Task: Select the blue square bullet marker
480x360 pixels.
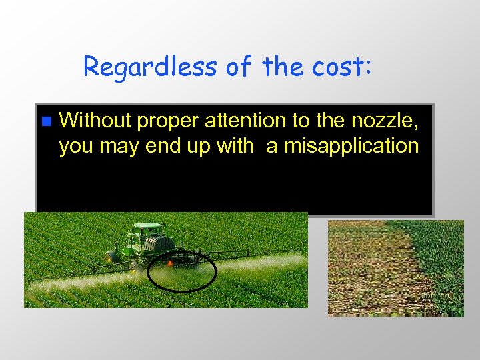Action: click(x=45, y=121)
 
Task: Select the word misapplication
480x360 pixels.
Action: click(x=351, y=146)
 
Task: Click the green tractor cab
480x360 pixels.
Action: click(x=146, y=233)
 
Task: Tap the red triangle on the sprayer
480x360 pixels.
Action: click(x=170, y=264)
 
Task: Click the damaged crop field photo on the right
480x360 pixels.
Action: click(x=395, y=267)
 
